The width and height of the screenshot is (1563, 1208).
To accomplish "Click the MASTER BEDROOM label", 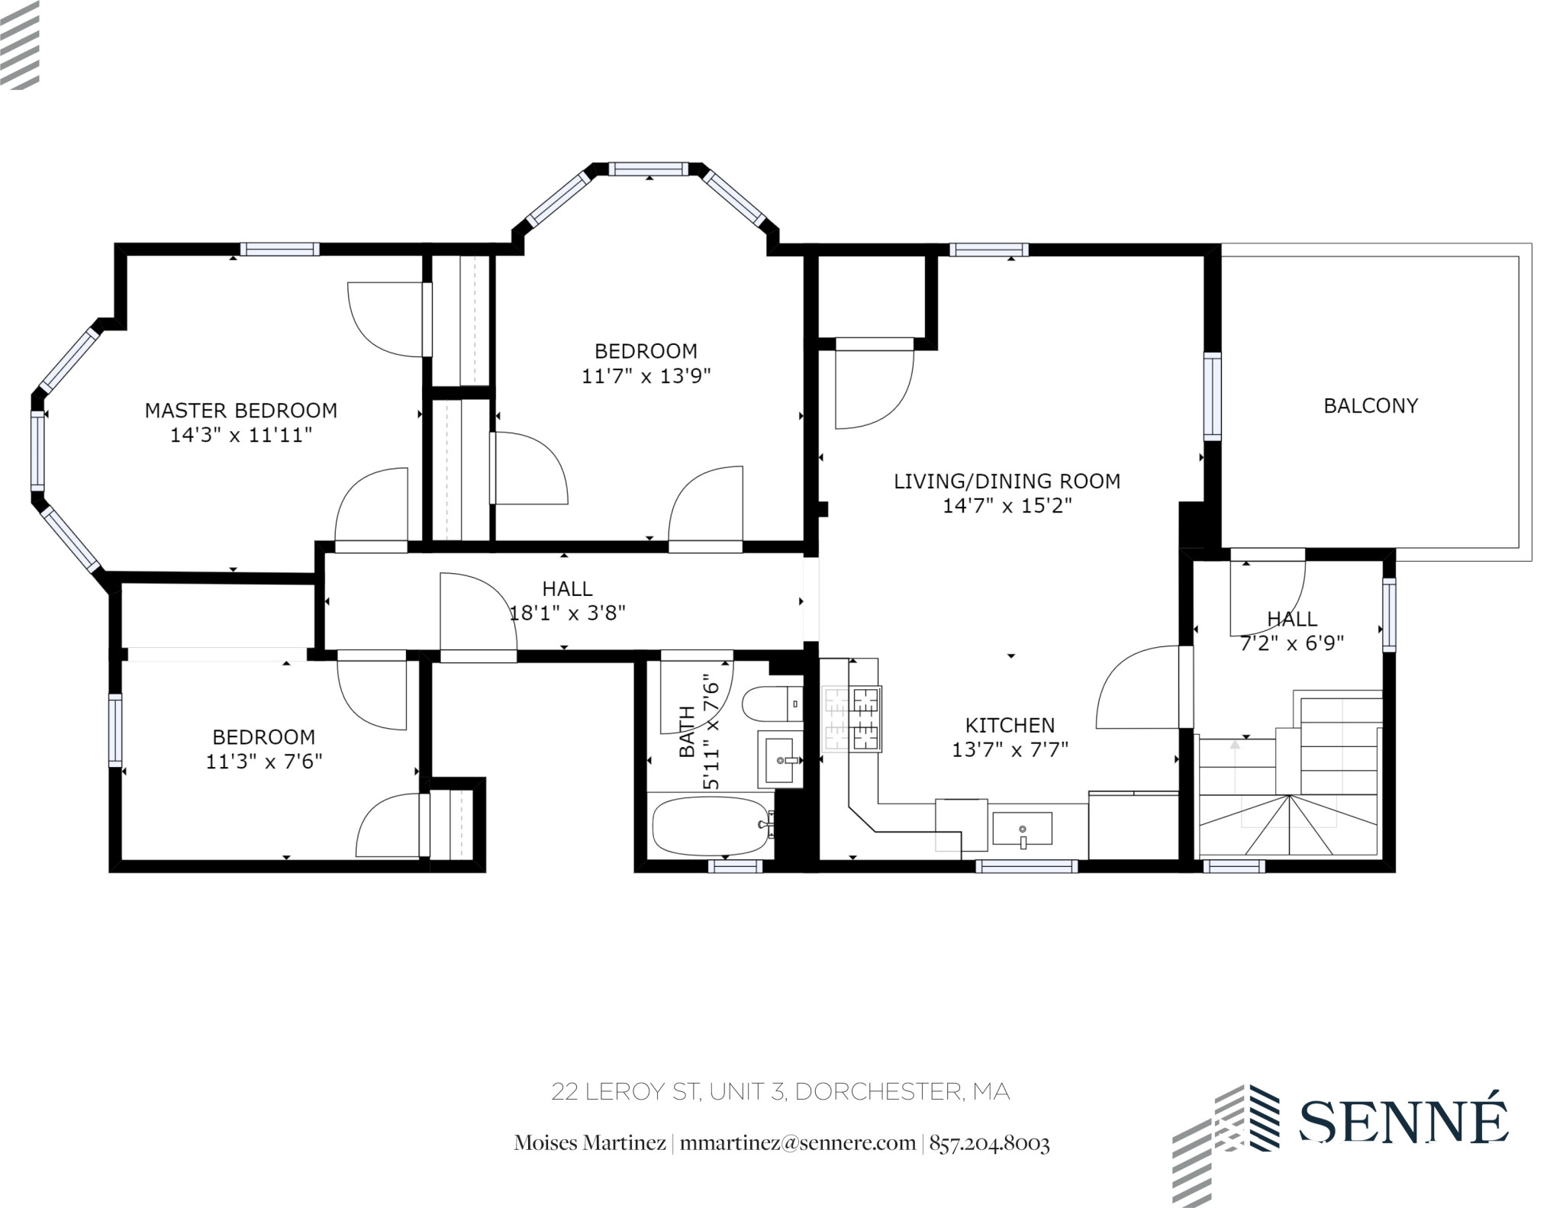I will point(241,411).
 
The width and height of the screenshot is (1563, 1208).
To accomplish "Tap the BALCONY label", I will point(1371,406).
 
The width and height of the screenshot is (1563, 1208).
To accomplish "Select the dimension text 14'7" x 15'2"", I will point(1007,506).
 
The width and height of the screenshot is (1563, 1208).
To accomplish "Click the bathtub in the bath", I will point(711,826).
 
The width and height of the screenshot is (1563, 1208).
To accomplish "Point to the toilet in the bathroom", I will point(771,703).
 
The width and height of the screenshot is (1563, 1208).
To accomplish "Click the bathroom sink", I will point(780,759).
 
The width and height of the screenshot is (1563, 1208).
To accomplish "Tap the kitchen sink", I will point(1022,829).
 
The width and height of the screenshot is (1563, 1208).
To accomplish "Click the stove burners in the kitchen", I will point(853,719).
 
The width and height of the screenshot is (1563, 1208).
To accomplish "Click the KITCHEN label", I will point(1010,725).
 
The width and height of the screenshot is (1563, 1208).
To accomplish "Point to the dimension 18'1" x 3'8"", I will point(567,613).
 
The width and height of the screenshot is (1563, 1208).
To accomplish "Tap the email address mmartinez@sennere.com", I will point(798,1143).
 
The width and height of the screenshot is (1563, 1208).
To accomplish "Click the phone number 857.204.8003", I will point(989,1143).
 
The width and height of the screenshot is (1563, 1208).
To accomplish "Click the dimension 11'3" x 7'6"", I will point(264,762).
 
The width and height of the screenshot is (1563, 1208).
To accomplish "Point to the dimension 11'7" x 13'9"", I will point(646,376).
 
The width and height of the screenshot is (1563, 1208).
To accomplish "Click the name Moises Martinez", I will point(590,1143).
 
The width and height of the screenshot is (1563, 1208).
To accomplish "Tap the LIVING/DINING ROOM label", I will point(1007,482).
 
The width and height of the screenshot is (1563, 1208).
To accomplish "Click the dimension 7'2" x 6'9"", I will point(1291,643).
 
